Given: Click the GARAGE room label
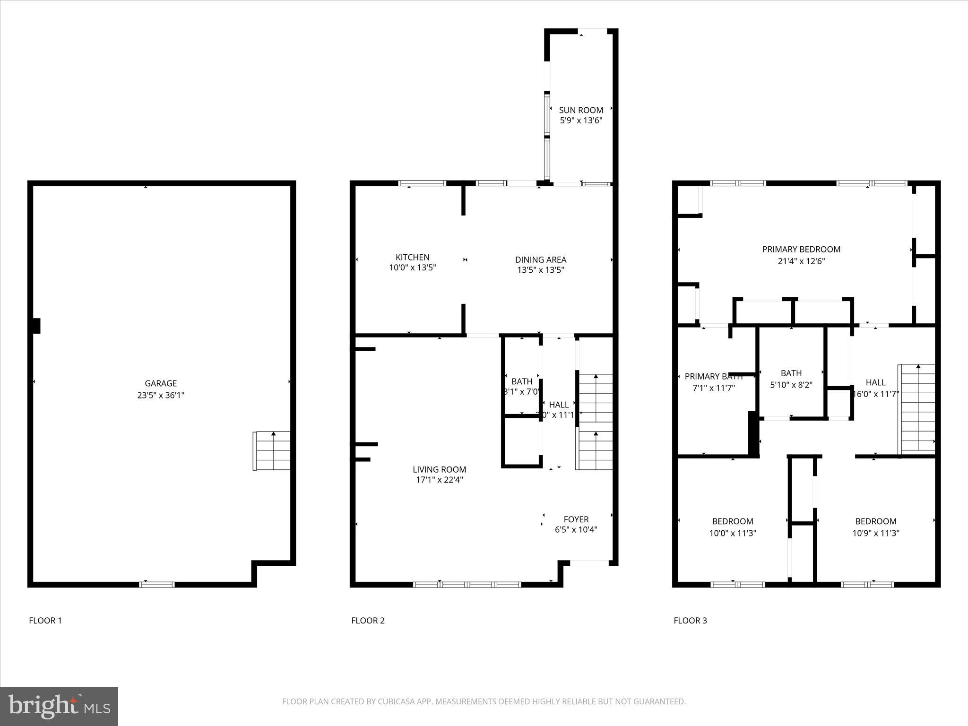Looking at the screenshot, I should pos(161,383).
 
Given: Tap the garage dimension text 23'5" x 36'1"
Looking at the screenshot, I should pos(161,395).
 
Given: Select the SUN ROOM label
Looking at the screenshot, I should pos(581,110).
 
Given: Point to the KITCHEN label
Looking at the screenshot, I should pos(412,257).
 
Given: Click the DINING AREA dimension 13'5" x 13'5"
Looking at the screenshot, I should pos(541,270).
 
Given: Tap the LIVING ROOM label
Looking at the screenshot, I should pos(439,469).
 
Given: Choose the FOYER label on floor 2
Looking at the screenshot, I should pos(576,519).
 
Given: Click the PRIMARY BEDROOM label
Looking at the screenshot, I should pos(801,249).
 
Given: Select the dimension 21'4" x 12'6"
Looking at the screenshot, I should pos(801,261).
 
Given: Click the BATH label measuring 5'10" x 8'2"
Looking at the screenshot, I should pos(791,373).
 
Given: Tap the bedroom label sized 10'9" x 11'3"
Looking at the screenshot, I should pos(875,521).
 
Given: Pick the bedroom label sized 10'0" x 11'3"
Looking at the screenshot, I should pos(733,521).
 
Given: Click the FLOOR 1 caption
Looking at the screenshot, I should pos(45,621).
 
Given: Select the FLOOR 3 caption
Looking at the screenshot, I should pos(690,621).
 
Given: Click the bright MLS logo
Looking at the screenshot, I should pos(59,706).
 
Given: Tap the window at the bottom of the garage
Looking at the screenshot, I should pos(157,585).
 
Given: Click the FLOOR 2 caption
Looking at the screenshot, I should pos(368,621).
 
